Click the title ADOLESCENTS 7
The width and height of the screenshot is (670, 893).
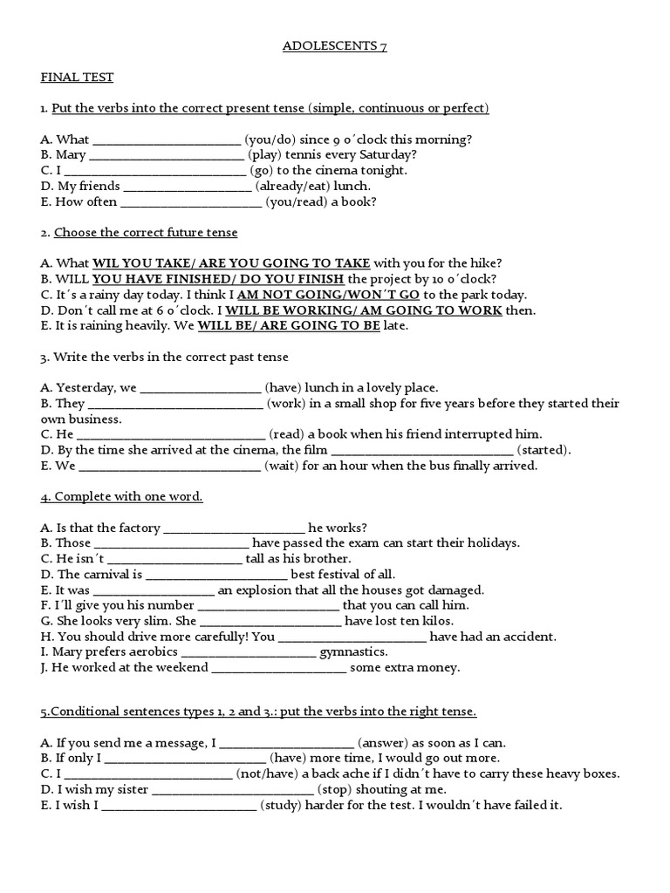click(x=335, y=47)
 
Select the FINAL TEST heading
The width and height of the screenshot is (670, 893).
click(x=77, y=78)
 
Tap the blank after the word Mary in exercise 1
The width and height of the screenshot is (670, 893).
click(x=167, y=155)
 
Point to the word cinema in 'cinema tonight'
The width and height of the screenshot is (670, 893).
click(x=336, y=170)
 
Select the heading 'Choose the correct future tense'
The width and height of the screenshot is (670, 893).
click(x=146, y=232)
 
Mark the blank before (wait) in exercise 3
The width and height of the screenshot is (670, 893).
click(x=169, y=466)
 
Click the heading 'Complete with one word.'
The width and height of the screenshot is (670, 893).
click(x=121, y=496)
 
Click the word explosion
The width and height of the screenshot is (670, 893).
click(x=264, y=590)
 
